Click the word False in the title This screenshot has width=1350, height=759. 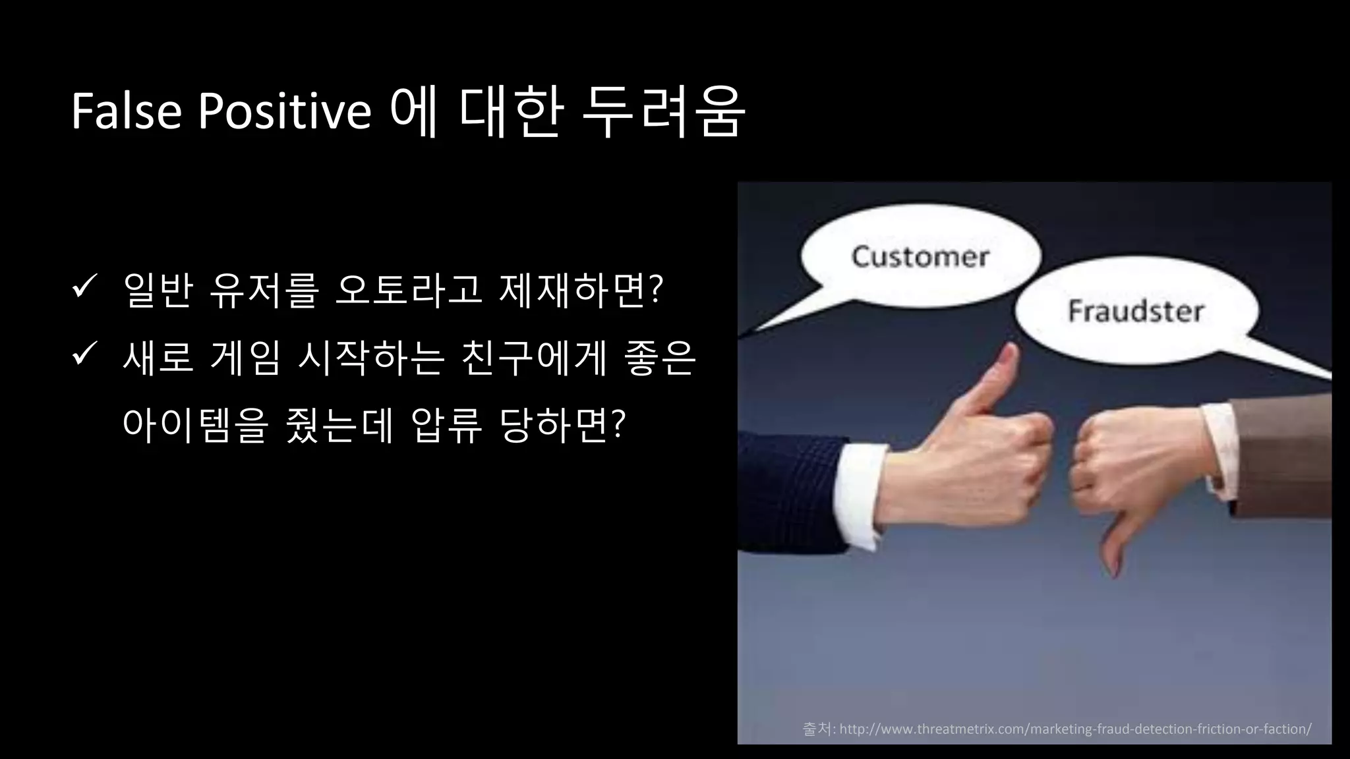point(126,111)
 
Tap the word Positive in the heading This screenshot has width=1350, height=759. point(285,111)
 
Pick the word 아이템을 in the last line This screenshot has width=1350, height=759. point(195,425)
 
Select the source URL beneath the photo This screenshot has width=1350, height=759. point(1075,729)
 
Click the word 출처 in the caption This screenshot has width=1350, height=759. point(817,729)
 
